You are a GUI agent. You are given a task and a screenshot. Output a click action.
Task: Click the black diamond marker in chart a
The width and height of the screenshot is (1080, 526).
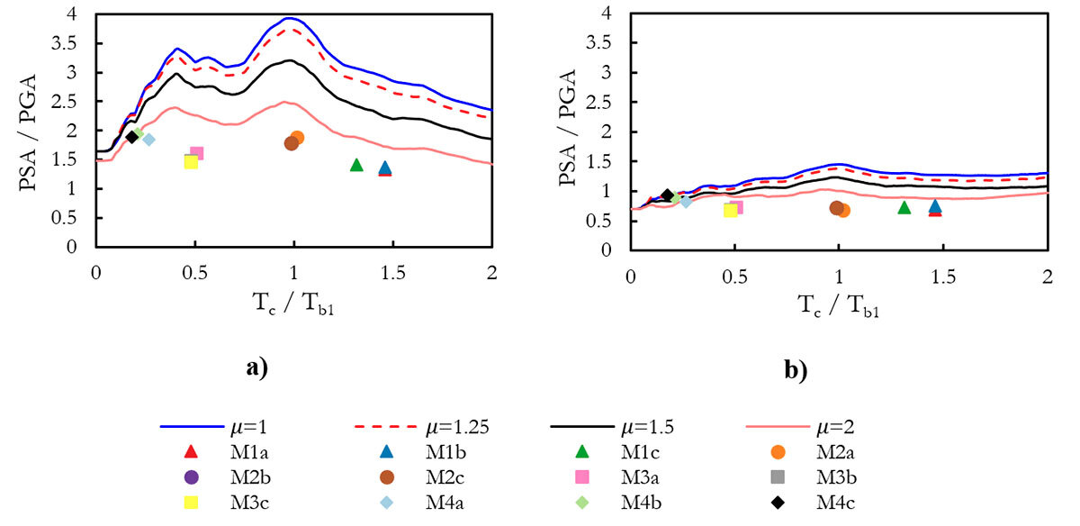[132, 137]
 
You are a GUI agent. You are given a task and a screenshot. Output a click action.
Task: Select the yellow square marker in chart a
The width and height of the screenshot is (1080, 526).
[191, 161]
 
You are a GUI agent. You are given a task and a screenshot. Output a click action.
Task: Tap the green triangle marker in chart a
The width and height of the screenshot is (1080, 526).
[356, 165]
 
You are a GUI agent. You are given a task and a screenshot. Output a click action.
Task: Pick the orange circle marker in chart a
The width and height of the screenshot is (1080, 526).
[297, 138]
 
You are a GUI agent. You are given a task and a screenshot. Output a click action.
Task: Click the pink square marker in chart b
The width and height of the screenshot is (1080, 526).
[736, 207]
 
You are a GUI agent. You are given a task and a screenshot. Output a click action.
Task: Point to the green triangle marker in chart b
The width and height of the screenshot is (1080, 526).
[904, 208]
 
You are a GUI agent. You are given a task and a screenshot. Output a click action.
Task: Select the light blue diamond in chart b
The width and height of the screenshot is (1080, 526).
[687, 201]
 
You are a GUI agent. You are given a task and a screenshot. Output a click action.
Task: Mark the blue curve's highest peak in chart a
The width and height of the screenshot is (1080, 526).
[289, 18]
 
